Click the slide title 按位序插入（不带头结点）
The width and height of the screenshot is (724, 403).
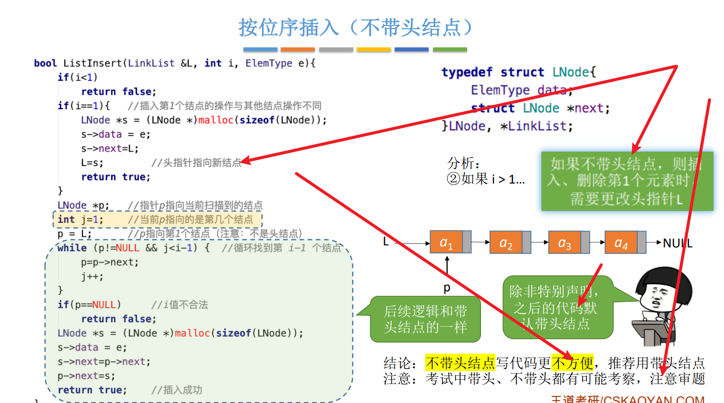[355, 27]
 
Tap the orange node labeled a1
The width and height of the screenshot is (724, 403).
[446, 242]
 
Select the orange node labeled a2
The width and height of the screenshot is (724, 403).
[505, 242]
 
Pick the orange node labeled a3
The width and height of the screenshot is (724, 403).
[564, 242]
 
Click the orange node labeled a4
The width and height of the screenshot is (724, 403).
[621, 242]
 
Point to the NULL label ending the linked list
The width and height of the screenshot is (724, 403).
[678, 243]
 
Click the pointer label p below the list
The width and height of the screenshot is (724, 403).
[447, 288]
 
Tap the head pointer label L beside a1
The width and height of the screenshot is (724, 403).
[386, 242]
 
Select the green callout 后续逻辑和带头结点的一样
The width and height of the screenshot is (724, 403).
[425, 319]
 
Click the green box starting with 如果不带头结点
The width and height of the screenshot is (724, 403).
[627, 181]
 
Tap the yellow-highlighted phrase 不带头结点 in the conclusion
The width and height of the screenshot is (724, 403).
[460, 363]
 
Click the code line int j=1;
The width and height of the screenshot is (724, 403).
[80, 219]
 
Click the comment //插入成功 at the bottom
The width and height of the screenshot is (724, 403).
[177, 390]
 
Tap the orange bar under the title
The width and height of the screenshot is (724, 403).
[297, 49]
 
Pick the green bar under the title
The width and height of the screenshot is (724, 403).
[450, 49]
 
